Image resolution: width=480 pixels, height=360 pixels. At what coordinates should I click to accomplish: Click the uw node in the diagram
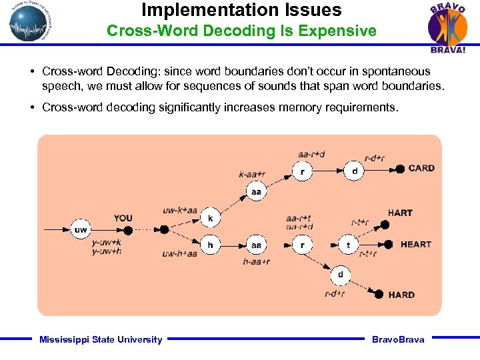point(81,230)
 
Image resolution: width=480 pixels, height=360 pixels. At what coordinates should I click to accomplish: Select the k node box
point(211,218)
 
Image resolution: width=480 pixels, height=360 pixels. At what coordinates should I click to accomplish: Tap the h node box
point(211,245)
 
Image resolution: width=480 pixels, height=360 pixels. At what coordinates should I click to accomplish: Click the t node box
point(348,245)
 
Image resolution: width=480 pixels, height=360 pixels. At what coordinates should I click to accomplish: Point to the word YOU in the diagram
point(123,218)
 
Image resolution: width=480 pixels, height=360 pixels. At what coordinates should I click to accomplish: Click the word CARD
point(421,169)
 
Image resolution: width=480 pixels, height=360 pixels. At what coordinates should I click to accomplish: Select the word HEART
point(415,245)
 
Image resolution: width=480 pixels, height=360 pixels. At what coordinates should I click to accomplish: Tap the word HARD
point(401,295)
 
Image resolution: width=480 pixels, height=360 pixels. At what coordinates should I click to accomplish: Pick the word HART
point(400,213)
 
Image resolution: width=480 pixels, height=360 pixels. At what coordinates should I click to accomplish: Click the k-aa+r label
point(252,175)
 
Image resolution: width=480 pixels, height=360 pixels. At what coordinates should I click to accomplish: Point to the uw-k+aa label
point(180,211)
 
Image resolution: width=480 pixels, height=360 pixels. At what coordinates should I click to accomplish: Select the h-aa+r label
point(256,262)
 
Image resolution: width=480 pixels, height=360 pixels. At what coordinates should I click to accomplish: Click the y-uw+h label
point(107,251)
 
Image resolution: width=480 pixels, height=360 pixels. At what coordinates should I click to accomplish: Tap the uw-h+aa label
point(180,253)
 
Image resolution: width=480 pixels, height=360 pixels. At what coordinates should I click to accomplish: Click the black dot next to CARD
point(400,169)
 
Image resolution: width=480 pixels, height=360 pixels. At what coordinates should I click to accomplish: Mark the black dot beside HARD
point(379,295)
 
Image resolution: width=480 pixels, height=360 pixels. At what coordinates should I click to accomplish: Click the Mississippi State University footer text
point(101,340)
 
